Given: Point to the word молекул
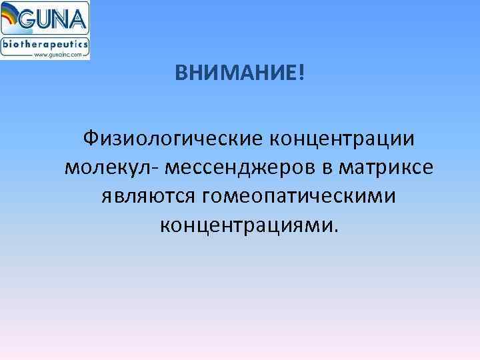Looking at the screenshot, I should click(x=108, y=168).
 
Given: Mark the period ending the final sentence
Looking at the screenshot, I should click(x=336, y=231).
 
